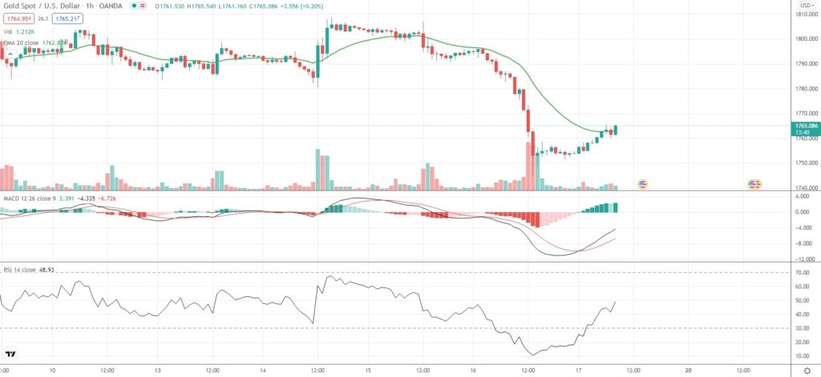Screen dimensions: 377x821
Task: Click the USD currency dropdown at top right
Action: (x=803, y=6)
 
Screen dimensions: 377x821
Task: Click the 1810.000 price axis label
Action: (x=805, y=14)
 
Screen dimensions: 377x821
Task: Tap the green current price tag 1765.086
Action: (x=805, y=126)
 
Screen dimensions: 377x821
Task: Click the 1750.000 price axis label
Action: (x=805, y=162)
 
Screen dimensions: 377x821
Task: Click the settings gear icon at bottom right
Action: (x=806, y=371)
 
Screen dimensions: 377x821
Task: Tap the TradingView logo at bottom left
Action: (x=11, y=354)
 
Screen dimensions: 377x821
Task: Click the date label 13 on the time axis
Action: (x=158, y=371)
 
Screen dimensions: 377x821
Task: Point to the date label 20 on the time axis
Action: (x=690, y=371)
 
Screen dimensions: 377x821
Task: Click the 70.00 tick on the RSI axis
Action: (x=804, y=273)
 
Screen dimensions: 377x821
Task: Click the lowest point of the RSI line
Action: (x=532, y=354)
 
